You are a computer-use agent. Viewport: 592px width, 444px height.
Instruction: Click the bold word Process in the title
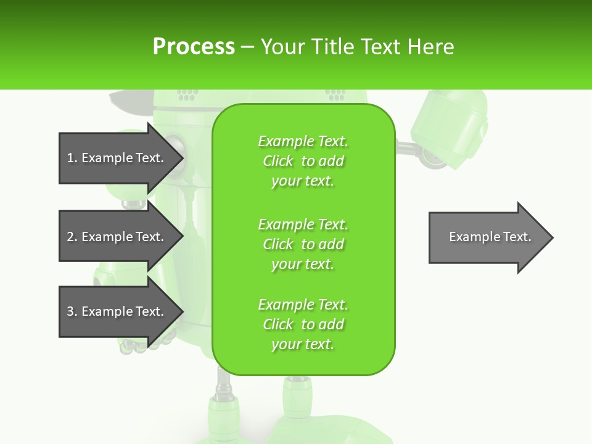pos(194,47)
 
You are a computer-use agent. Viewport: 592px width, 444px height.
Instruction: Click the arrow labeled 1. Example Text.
pos(117,158)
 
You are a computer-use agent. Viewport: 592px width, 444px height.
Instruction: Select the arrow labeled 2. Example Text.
pos(117,237)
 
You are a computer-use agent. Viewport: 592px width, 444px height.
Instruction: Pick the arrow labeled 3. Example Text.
pos(117,311)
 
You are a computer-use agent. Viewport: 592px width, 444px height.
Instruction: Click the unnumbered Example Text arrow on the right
pos(487,237)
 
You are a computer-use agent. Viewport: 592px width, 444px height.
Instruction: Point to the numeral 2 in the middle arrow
pos(70,237)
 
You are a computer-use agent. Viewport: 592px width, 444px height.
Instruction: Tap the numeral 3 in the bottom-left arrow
pos(70,311)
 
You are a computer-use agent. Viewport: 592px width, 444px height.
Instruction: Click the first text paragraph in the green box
pos(303,161)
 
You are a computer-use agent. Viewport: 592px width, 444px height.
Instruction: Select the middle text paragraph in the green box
pos(303,244)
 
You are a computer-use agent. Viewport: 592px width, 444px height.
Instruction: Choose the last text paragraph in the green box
pos(303,324)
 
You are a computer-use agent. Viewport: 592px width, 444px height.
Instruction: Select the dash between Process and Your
pos(247,47)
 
